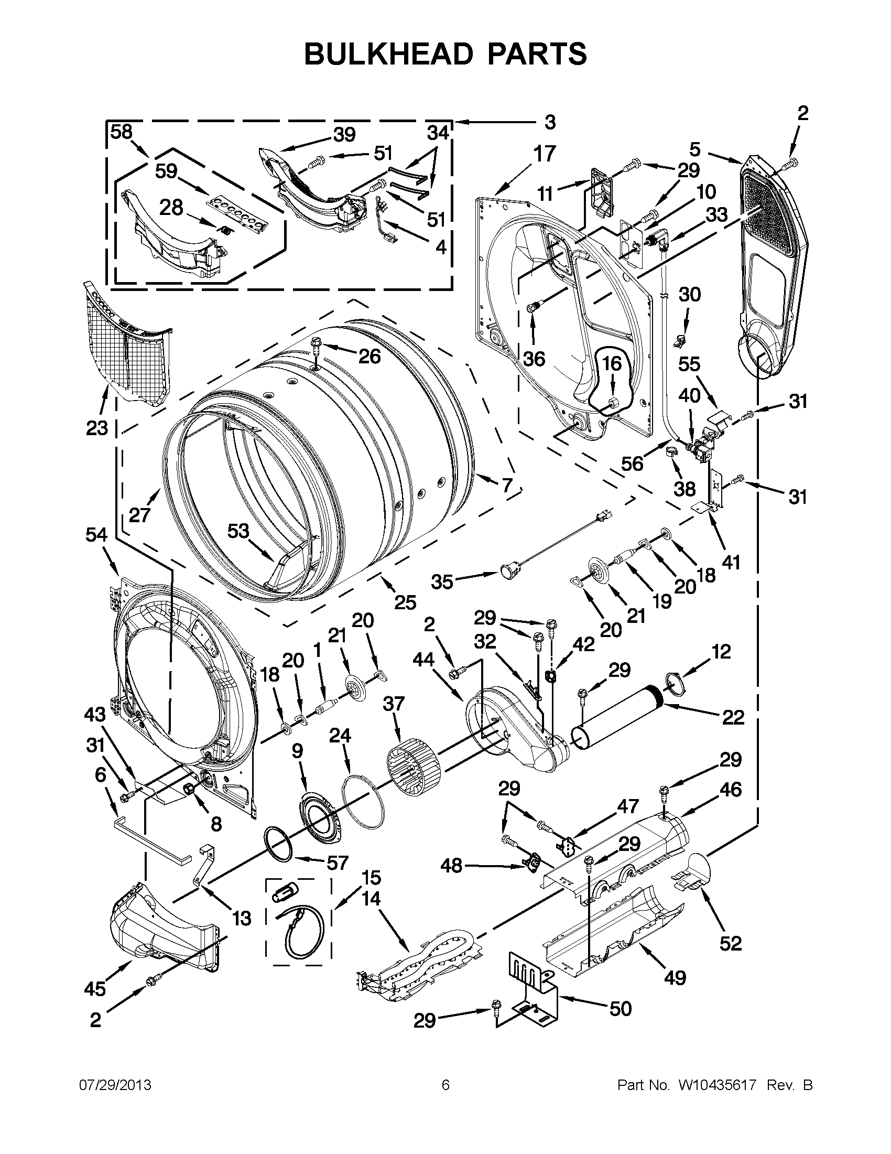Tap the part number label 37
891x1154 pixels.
click(x=394, y=704)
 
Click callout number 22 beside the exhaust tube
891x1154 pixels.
click(x=733, y=717)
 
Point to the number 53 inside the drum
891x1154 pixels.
click(x=238, y=531)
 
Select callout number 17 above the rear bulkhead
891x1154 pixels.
click(x=544, y=154)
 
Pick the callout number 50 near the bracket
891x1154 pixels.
click(x=621, y=1009)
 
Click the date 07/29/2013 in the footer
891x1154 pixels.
click(x=115, y=1085)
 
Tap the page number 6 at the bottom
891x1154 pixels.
click(x=445, y=1085)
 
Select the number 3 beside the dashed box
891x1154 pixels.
click(x=550, y=123)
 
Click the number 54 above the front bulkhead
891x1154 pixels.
click(x=96, y=535)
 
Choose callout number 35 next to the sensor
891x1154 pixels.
click(x=442, y=582)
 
